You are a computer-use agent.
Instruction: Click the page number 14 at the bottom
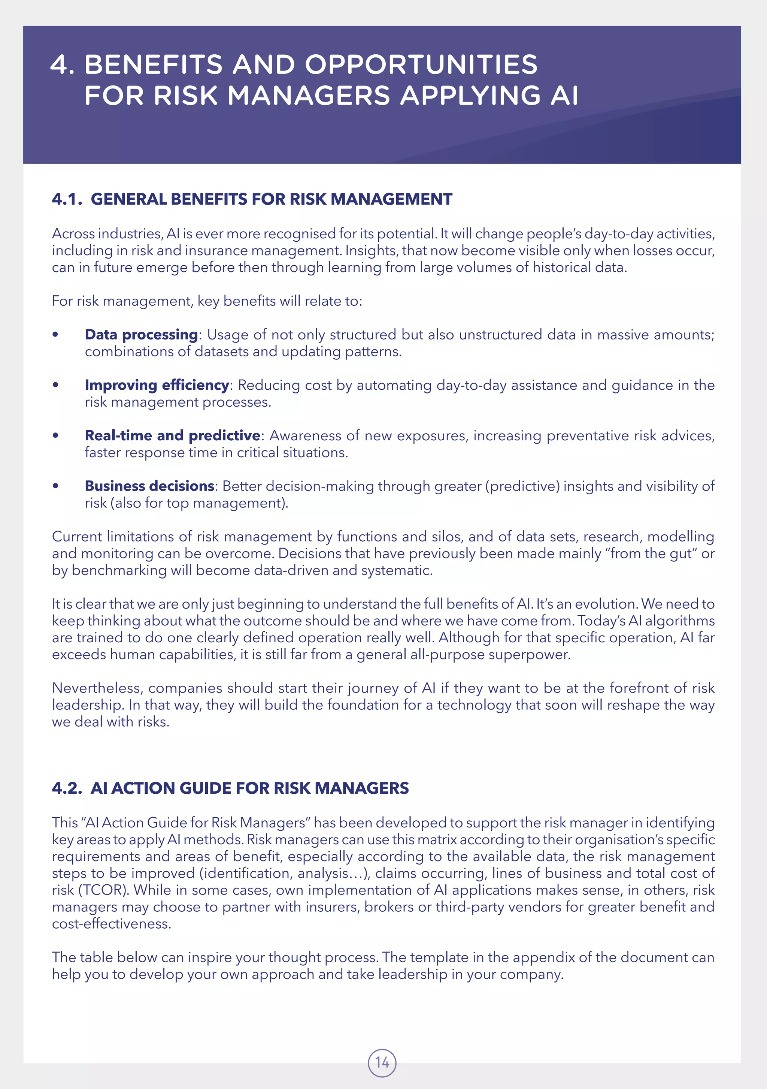click(x=382, y=1062)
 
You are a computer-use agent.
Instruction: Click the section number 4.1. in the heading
click(x=67, y=199)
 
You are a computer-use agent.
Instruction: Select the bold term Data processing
click(x=141, y=335)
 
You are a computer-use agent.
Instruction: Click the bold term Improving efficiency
click(x=157, y=385)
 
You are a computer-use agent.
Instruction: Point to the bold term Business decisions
click(x=150, y=486)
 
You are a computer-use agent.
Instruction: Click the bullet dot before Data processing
click(x=55, y=335)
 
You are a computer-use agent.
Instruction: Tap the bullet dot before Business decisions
click(x=55, y=486)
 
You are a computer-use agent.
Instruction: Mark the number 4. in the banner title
click(x=62, y=64)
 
